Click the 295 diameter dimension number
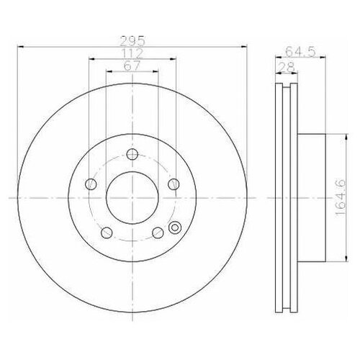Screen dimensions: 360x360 131,41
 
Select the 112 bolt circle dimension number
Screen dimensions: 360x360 131,53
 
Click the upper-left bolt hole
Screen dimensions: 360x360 89,184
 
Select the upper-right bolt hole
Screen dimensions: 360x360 172,184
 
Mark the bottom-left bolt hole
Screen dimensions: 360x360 105,232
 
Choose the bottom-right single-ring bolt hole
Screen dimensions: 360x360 156,232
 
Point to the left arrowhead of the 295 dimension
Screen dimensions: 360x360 18,48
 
